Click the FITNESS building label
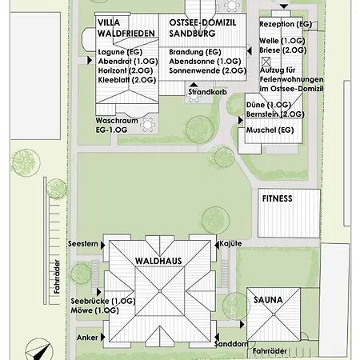[277, 198]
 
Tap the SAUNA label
[268, 300]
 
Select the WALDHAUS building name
[158, 261]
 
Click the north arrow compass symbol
[38, 350]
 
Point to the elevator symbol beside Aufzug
[266, 62]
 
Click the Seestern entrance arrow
[102, 245]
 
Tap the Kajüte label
[230, 244]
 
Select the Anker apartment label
[87, 338]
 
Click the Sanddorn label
[231, 344]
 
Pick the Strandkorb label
[208, 92]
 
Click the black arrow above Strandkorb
[194, 85]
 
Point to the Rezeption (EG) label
[286, 24]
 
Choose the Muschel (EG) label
[270, 130]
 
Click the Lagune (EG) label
[120, 52]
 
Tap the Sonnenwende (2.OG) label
[208, 70]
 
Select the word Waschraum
[117, 121]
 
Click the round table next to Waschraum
[147, 125]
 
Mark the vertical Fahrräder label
[57, 277]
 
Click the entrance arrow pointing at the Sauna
[242, 325]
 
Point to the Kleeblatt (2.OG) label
[127, 80]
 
